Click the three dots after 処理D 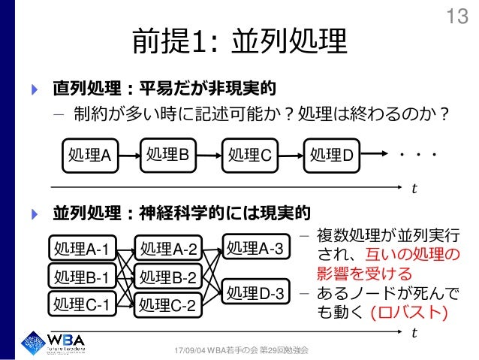click(x=417, y=155)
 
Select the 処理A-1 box click(x=81, y=249)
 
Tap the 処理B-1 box click(x=81, y=277)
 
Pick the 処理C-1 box click(x=81, y=305)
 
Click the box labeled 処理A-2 click(x=168, y=249)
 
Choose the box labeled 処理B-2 click(x=168, y=277)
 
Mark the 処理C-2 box click(x=168, y=305)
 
